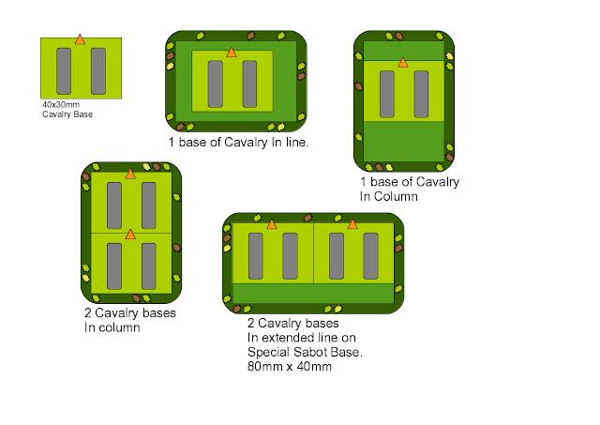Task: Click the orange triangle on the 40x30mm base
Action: pos(80,39)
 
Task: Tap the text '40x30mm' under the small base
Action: pos(61,104)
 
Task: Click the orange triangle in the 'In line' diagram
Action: pos(232,53)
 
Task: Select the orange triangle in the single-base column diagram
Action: pos(402,63)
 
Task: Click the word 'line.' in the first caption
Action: pos(296,143)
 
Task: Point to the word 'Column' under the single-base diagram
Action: pos(396,196)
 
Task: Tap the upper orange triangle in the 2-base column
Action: pos(130,174)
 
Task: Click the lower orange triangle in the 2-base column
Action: pos(130,235)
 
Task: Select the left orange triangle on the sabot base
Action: pos(272,224)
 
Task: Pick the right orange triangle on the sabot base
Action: pos(352,224)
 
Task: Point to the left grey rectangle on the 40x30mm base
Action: pos(64,71)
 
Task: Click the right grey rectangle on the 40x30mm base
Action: pos(98,71)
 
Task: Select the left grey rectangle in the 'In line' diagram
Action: pos(216,83)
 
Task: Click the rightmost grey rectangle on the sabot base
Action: pos(371,256)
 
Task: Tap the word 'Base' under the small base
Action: pos(83,114)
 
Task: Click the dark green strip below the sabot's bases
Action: pos(313,294)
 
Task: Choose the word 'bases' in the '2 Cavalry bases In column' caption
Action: pos(157,313)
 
